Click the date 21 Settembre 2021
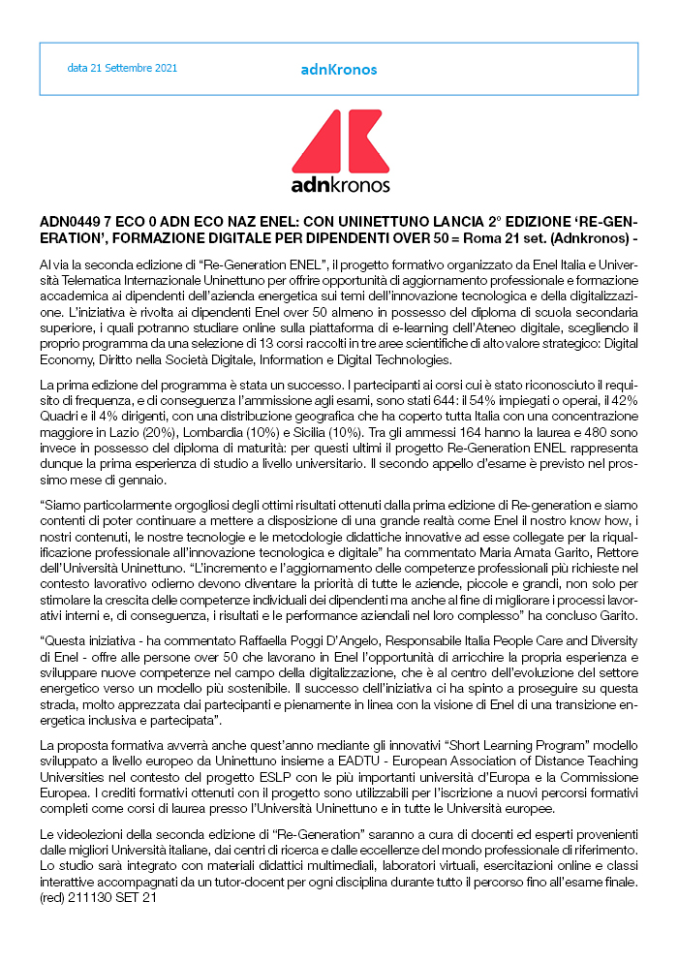tap(122, 69)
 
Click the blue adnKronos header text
tap(339, 70)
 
